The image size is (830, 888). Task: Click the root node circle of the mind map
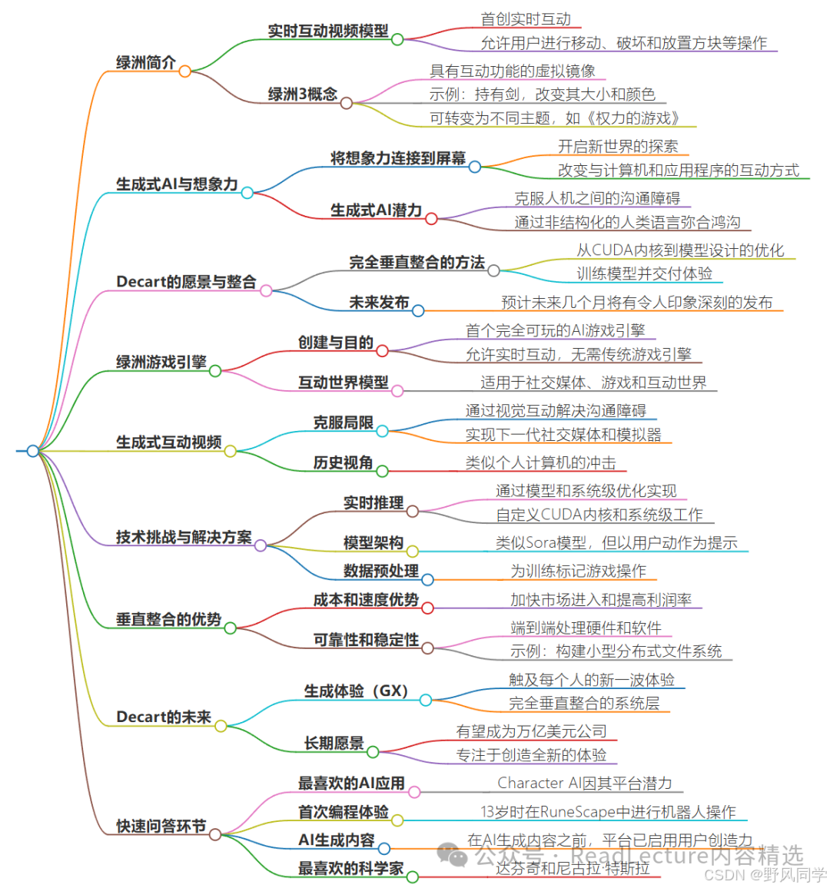tap(32, 451)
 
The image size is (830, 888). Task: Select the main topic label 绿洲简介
tap(146, 63)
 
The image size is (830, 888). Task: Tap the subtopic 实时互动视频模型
tap(328, 31)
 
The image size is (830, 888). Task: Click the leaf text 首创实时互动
tap(526, 19)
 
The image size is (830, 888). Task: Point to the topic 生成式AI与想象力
tap(177, 184)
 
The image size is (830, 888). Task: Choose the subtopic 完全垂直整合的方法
tap(417, 263)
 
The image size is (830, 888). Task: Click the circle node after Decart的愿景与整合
tap(266, 290)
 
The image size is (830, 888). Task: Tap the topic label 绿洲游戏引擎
tap(161, 363)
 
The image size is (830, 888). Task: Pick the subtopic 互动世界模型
tap(344, 383)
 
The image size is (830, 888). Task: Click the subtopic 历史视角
tap(343, 462)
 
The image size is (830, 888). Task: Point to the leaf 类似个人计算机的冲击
tap(540, 462)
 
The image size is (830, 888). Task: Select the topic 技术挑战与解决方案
tap(184, 538)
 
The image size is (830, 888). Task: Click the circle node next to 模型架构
tap(413, 551)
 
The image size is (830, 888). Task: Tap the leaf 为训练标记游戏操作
tap(578, 571)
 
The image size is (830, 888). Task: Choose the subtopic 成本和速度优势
tap(366, 600)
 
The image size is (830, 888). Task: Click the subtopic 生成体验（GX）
tap(356, 691)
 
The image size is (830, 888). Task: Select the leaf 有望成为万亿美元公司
tap(531, 731)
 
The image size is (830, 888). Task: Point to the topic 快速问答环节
tap(161, 827)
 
